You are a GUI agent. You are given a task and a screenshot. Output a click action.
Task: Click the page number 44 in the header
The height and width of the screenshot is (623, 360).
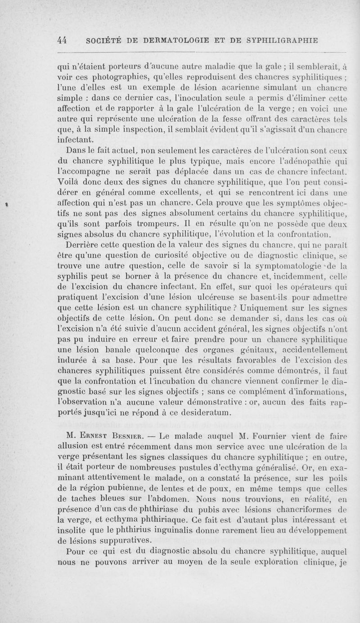[x=63, y=40]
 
